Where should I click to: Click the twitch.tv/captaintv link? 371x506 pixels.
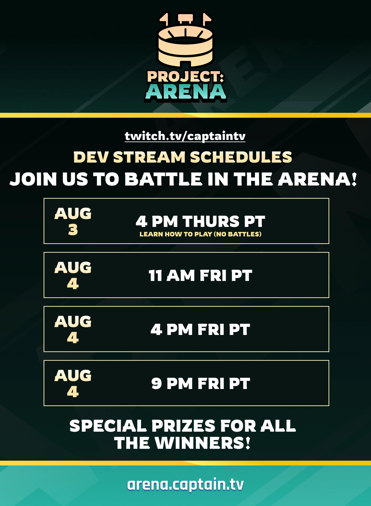(x=185, y=136)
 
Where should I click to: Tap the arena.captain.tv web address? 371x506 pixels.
(x=185, y=484)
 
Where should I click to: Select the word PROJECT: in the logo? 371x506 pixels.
(x=185, y=77)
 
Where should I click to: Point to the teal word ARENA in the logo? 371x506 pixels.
(x=186, y=92)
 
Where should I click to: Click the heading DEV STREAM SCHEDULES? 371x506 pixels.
(x=183, y=157)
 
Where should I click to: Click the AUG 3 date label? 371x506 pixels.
(x=73, y=221)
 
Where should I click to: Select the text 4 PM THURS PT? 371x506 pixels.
(x=200, y=221)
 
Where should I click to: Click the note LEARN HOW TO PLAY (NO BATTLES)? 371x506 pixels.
(x=200, y=234)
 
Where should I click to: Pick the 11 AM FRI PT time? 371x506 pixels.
(x=200, y=276)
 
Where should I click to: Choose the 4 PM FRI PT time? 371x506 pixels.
(x=200, y=330)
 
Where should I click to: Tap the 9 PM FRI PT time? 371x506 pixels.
(x=200, y=384)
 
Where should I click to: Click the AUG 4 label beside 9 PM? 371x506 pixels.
(x=73, y=383)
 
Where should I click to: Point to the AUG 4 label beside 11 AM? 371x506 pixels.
(x=73, y=275)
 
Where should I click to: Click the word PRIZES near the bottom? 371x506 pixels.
(x=184, y=426)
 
